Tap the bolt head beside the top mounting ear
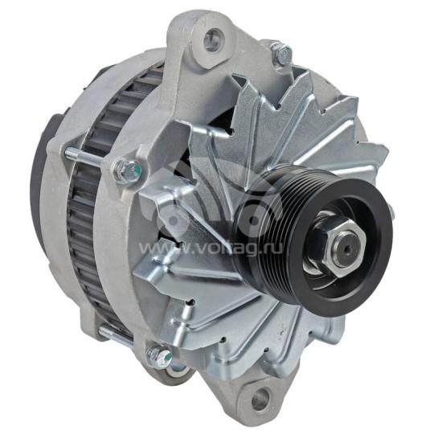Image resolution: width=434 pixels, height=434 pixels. point(280,55)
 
